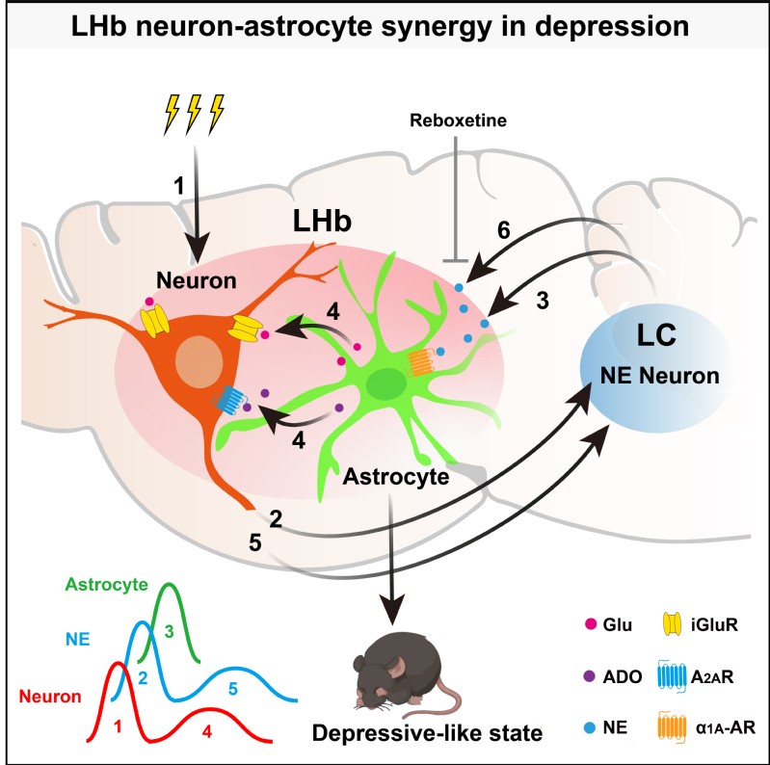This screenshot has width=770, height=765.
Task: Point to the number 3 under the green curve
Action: coord(171,631)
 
